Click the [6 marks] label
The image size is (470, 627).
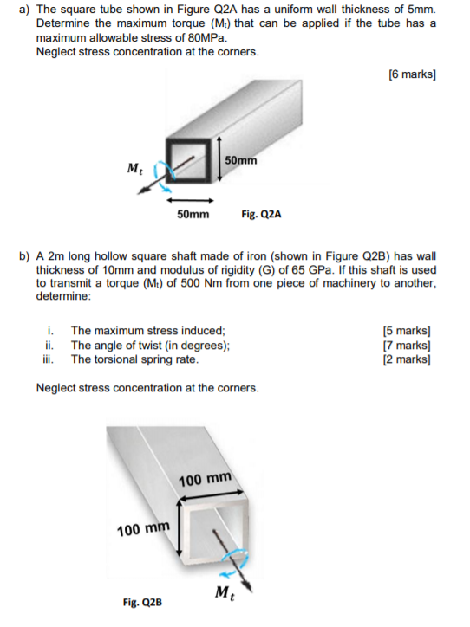[x=412, y=74]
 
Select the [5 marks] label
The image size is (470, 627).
[x=407, y=331]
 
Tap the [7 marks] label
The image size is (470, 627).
[x=407, y=345]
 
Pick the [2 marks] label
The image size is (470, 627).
[x=407, y=359]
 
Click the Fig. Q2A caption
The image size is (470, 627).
[x=261, y=214]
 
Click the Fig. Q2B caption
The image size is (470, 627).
[x=142, y=601]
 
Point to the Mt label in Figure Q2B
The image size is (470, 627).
[x=222, y=593]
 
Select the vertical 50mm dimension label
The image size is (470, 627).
[x=240, y=161]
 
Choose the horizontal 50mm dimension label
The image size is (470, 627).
[x=193, y=214]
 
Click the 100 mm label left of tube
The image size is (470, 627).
[x=142, y=527]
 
